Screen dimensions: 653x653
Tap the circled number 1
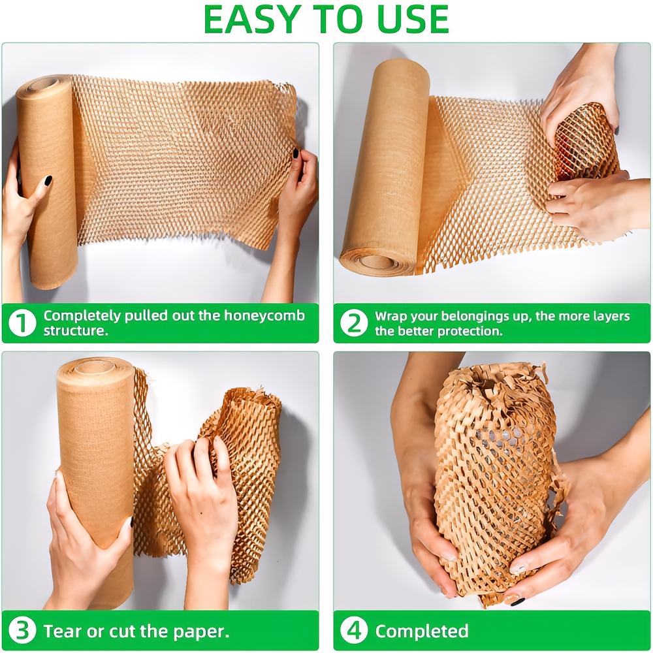tap(22, 323)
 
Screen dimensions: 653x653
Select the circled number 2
tap(353, 323)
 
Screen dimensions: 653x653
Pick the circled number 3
tap(22, 631)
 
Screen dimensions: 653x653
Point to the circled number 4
tap(353, 631)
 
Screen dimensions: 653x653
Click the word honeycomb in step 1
tap(264, 316)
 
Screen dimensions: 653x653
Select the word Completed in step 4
tap(421, 631)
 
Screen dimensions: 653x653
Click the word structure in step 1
tap(74, 330)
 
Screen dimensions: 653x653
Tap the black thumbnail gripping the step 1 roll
tap(48, 181)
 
